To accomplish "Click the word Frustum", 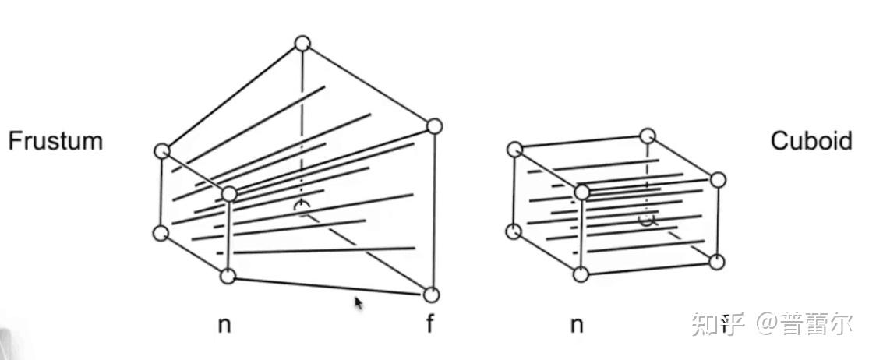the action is pos(55,141).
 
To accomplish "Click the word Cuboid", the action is pos(811,141).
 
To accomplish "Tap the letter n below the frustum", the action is pos(224,324).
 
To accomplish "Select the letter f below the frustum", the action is pos(429,324).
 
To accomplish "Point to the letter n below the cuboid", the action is pos(577,324).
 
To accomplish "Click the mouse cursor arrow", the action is pos(359,302).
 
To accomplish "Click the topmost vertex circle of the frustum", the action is pos(302,44).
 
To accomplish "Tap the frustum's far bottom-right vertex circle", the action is pos(432,295).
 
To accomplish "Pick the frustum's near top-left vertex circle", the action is pos(162,151).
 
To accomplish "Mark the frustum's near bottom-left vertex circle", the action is pos(161,232).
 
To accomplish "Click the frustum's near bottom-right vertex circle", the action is pos(228,275).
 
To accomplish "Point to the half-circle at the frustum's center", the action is pos(302,206).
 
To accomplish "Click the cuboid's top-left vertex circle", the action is pos(514,149).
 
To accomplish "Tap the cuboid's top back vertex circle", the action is pos(648,137).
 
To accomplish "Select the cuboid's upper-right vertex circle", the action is pos(718,180).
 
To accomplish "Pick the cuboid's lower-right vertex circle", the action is pos(718,262).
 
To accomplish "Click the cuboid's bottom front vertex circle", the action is pos(581,274).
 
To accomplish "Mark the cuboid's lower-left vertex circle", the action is pos(514,231).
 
